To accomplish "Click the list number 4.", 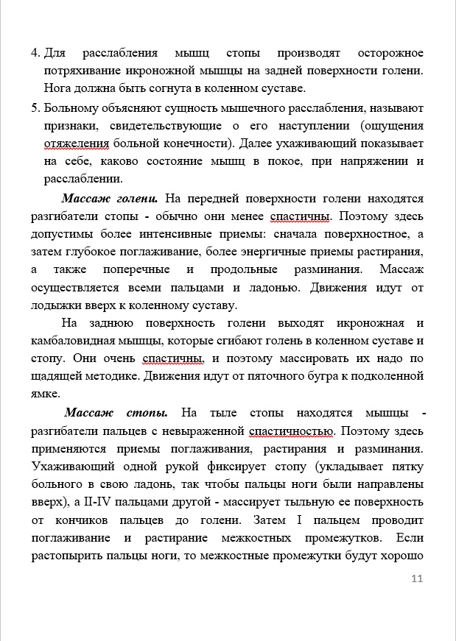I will click(35, 54).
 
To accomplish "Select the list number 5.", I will click(35, 108).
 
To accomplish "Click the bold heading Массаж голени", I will click(109, 199).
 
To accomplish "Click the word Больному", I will click(73, 108).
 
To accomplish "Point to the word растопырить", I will click(69, 556).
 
